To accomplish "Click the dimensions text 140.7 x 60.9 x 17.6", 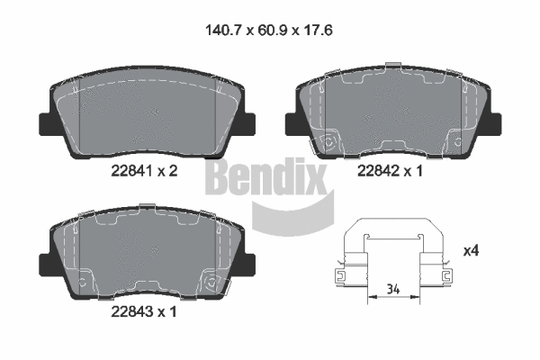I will pyautogui.click(x=269, y=30).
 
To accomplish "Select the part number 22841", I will pyautogui.click(x=128, y=172).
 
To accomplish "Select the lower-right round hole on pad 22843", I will pyautogui.click(x=213, y=282).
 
